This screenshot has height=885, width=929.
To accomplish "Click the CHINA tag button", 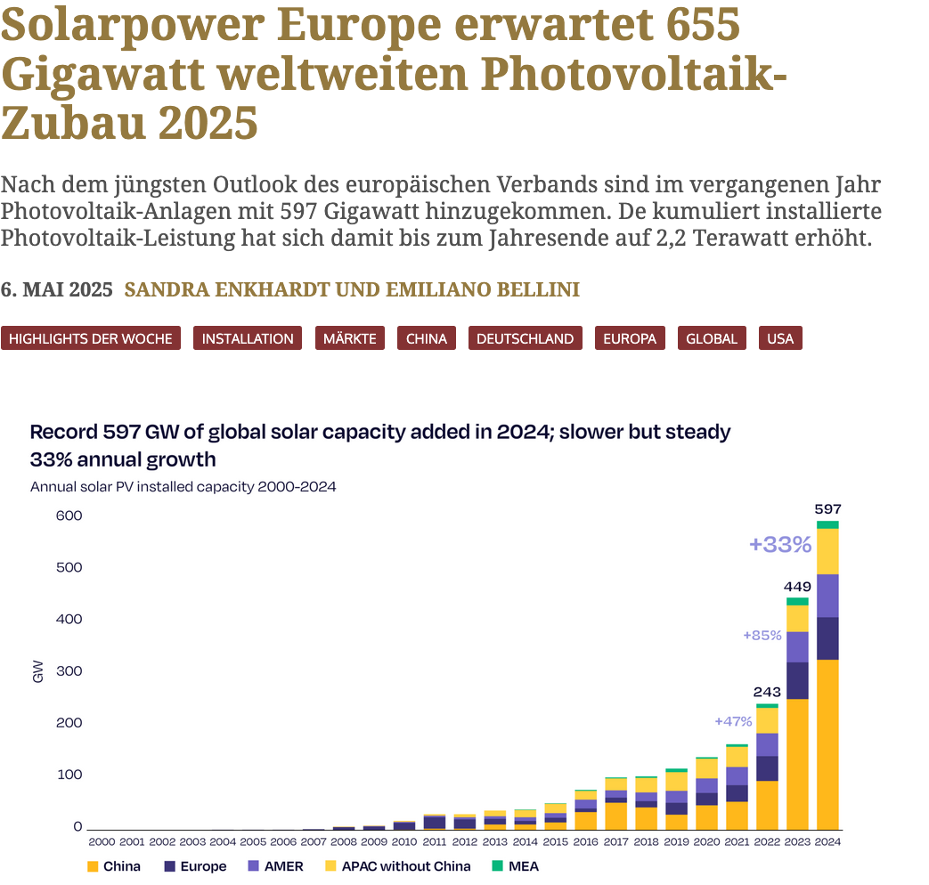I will tap(426, 338).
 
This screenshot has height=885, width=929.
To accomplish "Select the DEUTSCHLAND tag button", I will tap(525, 338).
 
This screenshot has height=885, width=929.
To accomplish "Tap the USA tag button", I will tap(779, 338).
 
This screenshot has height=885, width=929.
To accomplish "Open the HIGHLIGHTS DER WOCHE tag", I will tap(91, 338).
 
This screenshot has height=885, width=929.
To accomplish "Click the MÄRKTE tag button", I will tap(349, 338).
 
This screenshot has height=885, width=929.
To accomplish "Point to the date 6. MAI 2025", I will tap(57, 290).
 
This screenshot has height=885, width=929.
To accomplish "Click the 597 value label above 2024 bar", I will tap(827, 509).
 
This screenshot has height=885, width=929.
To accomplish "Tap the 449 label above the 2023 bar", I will tap(797, 587).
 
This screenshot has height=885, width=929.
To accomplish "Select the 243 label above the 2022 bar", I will tap(767, 692).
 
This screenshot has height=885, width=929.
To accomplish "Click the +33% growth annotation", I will tap(780, 545).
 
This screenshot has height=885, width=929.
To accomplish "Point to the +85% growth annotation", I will tap(762, 635).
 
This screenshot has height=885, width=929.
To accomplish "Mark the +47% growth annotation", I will tap(733, 721).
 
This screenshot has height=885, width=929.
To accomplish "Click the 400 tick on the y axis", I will tap(69, 619).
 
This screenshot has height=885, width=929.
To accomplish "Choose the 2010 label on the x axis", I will tap(403, 840).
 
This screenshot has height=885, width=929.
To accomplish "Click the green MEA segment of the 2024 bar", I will tap(827, 524).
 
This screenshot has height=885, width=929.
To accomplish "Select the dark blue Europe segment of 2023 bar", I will tap(797, 680).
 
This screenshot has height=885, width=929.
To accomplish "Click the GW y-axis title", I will tap(37, 674).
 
